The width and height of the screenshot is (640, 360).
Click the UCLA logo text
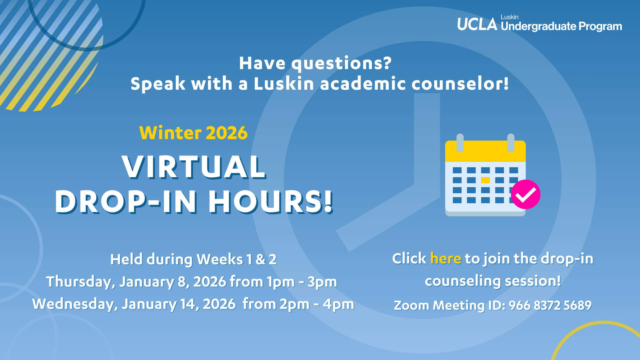click(x=477, y=24)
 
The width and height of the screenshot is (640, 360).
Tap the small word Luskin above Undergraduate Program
click(x=509, y=17)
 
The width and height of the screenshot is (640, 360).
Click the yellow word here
click(x=445, y=259)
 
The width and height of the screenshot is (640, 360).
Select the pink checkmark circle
click(x=525, y=194)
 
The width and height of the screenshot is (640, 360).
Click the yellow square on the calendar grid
click(x=485, y=180)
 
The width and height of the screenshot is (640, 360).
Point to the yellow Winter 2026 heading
click(x=193, y=133)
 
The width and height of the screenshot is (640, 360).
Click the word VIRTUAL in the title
click(x=194, y=167)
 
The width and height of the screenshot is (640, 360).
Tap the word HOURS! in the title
click(x=271, y=202)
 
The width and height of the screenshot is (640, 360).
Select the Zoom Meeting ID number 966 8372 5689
click(x=550, y=305)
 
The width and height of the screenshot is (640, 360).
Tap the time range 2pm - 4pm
click(x=317, y=304)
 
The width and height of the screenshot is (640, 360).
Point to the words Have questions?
click(x=315, y=63)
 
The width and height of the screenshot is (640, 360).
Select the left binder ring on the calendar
click(x=460, y=143)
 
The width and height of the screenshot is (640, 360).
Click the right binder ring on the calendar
click(x=511, y=143)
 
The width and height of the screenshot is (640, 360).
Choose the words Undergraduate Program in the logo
click(x=561, y=26)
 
